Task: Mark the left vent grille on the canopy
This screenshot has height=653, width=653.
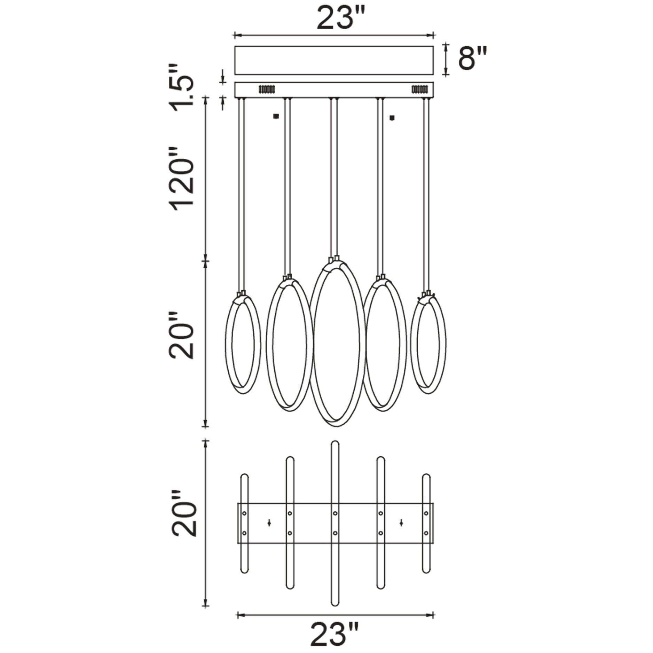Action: pos(267,89)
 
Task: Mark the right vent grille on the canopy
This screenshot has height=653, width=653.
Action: pos(419,89)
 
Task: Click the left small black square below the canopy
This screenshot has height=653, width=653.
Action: pos(276,117)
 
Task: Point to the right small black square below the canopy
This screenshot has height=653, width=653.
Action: pos(392,118)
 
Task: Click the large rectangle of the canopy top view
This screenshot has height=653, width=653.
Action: pos(334,60)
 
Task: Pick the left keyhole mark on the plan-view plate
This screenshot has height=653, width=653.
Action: pos(269,522)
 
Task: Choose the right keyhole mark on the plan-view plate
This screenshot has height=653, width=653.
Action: pos(401,522)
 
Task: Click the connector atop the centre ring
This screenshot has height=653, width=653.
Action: pos(334,259)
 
